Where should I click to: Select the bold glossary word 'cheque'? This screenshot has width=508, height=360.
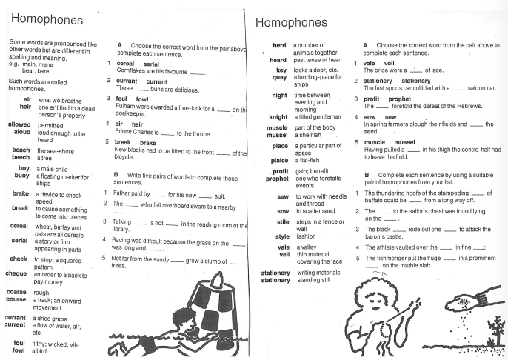(16, 273)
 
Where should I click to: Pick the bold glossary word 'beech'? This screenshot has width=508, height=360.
(21, 157)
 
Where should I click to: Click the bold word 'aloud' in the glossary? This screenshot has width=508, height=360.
(20, 133)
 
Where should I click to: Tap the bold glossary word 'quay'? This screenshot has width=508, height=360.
(279, 76)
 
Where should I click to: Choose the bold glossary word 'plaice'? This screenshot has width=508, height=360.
(278, 159)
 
